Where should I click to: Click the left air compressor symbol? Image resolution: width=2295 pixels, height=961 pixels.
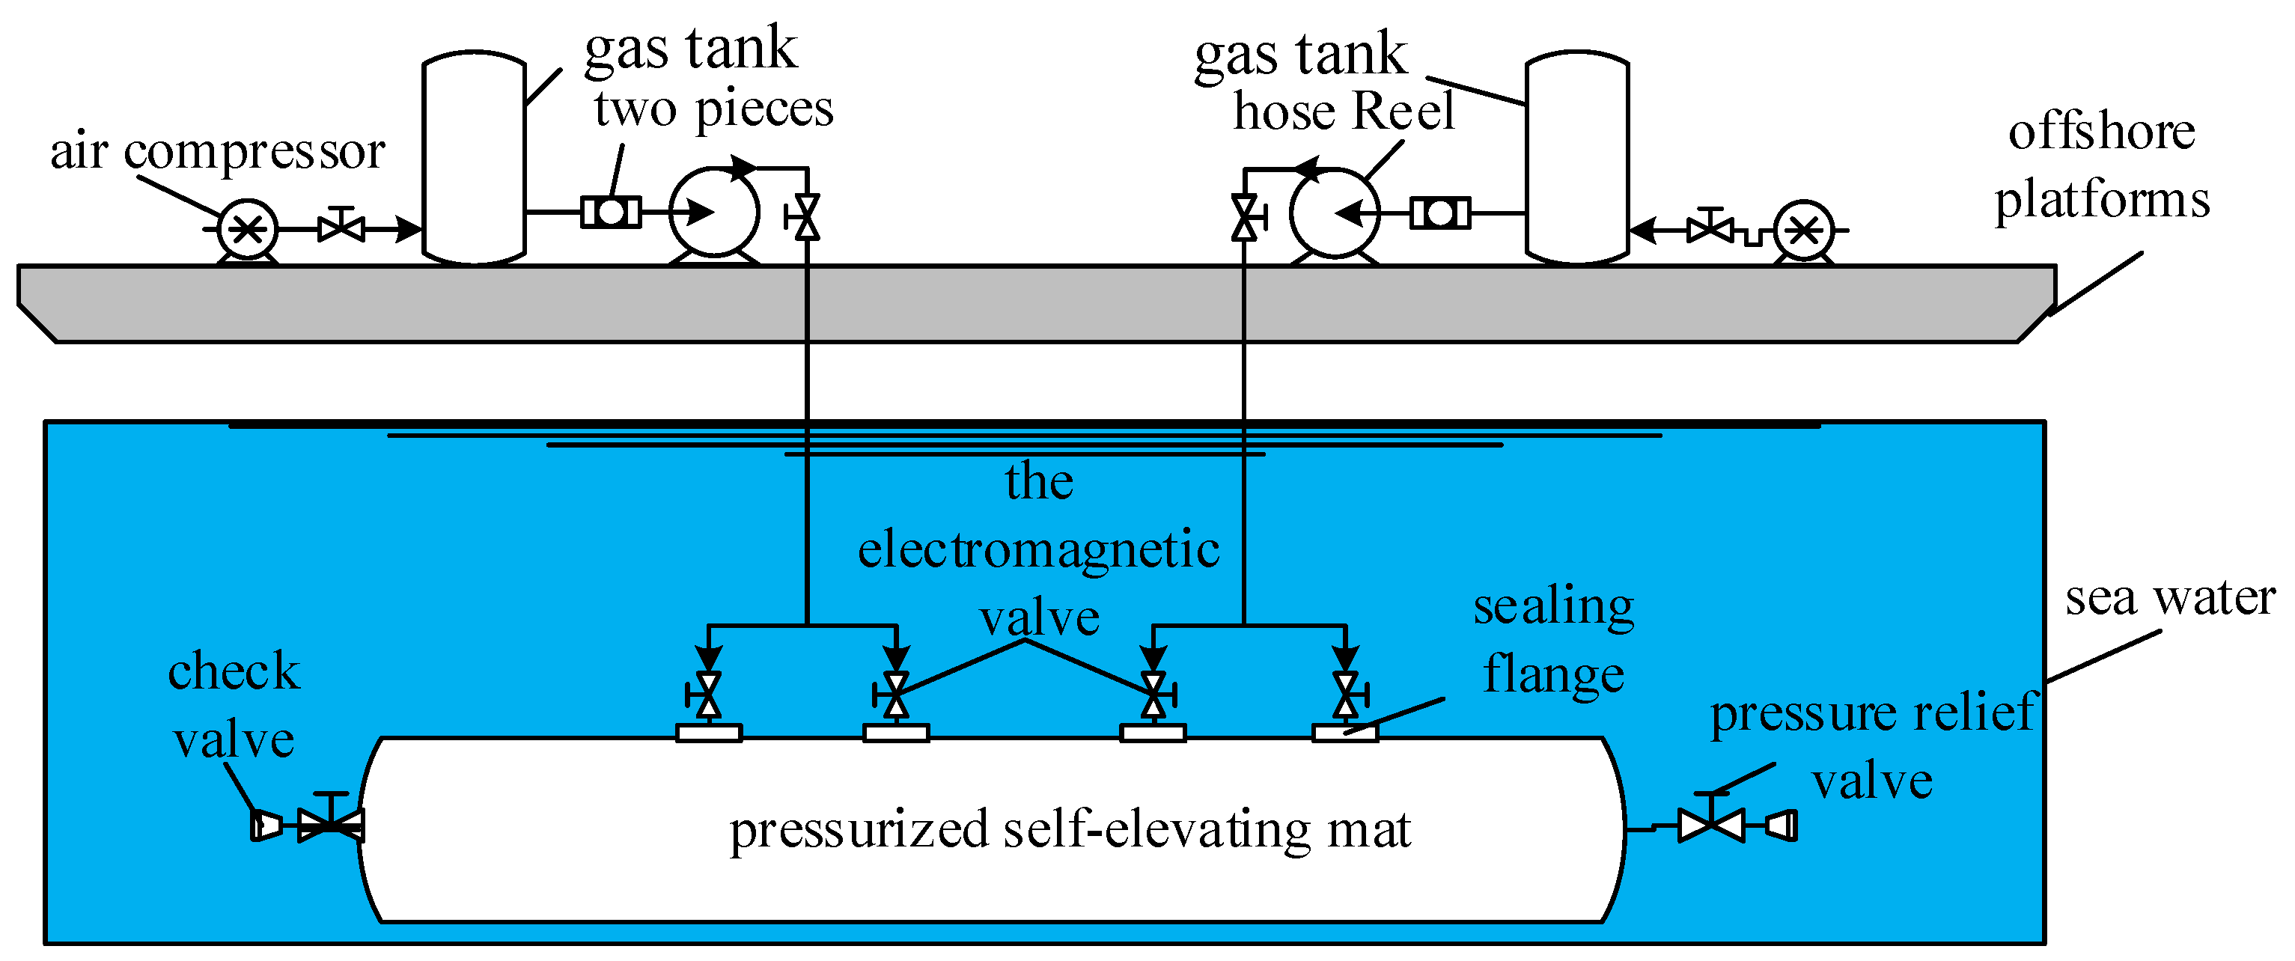coord(248,230)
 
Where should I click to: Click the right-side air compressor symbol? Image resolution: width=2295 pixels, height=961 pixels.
coord(1803,231)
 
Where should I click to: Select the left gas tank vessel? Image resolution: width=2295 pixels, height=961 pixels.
coord(474,159)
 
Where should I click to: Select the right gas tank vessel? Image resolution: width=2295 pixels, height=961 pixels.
coord(1577,159)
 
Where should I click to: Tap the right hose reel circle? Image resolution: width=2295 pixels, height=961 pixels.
coord(1335,213)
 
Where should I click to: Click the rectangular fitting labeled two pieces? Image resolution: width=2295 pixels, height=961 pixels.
coord(611,213)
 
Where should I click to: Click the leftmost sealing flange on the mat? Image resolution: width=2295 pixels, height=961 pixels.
coord(708,733)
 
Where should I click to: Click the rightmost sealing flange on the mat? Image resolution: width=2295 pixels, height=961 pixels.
coord(1345,733)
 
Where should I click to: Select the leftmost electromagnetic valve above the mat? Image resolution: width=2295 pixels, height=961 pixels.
coord(707,695)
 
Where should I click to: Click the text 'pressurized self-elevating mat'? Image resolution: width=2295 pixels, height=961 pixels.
coord(1070,830)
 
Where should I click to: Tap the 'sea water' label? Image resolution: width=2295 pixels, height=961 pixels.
coord(2170,597)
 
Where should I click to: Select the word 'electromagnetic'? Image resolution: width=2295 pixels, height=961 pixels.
coord(1039,549)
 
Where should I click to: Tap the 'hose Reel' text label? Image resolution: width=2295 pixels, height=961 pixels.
coord(1344,112)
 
